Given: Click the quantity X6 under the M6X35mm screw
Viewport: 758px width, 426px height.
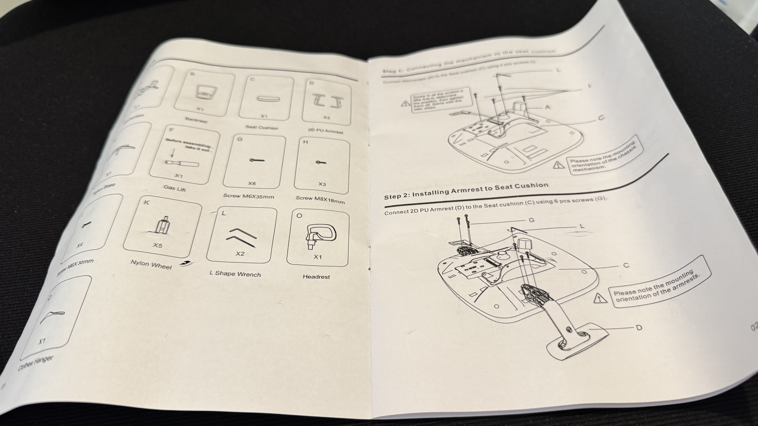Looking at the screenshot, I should point(252,183).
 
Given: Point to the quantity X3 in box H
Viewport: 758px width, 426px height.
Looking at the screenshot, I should point(322,184).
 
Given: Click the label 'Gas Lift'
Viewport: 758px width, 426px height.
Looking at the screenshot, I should point(175,188).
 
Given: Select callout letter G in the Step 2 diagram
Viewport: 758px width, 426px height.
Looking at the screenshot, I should point(531,220).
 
